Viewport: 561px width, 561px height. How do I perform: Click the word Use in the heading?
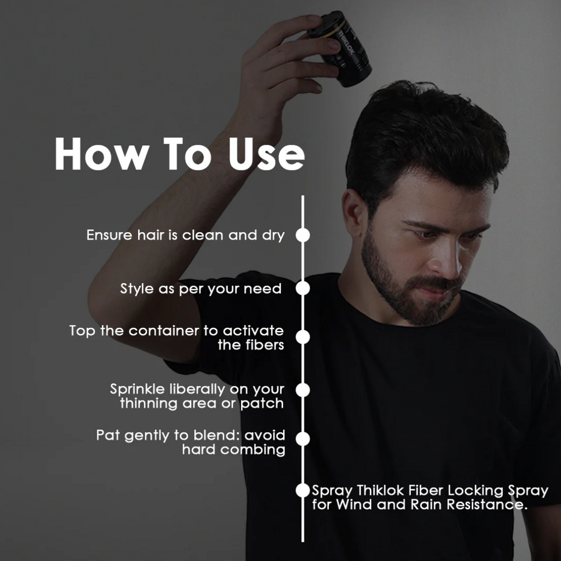click(x=267, y=154)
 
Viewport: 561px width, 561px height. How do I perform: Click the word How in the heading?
click(x=102, y=154)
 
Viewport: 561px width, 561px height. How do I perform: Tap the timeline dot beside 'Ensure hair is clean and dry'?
click(x=302, y=235)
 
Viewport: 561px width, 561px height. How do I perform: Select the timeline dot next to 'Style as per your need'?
click(x=302, y=288)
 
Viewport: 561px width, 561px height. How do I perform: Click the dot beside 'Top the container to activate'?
click(x=302, y=337)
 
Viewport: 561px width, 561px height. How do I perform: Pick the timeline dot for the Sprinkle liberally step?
click(x=302, y=390)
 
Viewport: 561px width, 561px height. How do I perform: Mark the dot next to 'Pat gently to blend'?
click(x=302, y=439)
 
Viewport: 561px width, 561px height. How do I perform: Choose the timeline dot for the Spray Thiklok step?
click(x=302, y=490)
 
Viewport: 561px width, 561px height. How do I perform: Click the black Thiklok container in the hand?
click(x=340, y=48)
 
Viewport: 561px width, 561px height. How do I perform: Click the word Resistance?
click(x=487, y=505)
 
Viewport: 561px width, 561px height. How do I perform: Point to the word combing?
click(x=253, y=450)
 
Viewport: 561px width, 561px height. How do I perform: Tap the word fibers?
click(x=265, y=345)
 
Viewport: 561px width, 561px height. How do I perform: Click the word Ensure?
click(x=109, y=236)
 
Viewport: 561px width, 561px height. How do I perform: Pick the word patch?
click(x=262, y=404)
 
